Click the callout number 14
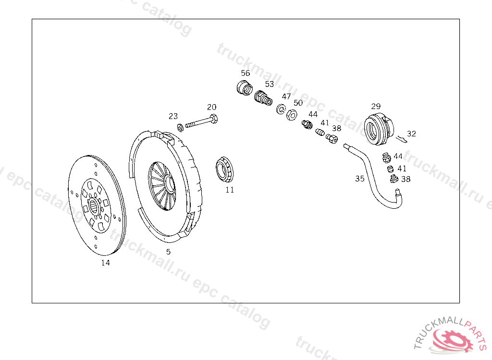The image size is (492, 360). pyautogui.click(x=105, y=263)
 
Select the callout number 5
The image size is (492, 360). pyautogui.click(x=169, y=252)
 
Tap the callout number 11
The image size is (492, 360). pyautogui.click(x=230, y=190)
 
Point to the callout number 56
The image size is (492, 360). pyautogui.click(x=246, y=73)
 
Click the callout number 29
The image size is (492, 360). pyautogui.click(x=376, y=106)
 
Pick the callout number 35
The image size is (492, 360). pyautogui.click(x=360, y=179)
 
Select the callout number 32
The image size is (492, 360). pyautogui.click(x=411, y=133)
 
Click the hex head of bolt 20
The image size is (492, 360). pyautogui.click(x=214, y=119)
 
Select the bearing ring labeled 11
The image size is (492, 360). pyautogui.click(x=225, y=169)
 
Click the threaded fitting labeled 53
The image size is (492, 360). pyautogui.click(x=263, y=98)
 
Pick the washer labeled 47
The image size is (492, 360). pyautogui.click(x=281, y=109)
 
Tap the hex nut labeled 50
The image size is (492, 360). pyautogui.click(x=292, y=115)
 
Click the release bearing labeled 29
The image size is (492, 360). pyautogui.click(x=379, y=129)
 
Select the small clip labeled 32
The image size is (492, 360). pyautogui.click(x=402, y=139)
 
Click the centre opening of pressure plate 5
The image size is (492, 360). pyautogui.click(x=169, y=184)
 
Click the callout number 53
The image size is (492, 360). pyautogui.click(x=270, y=84)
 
